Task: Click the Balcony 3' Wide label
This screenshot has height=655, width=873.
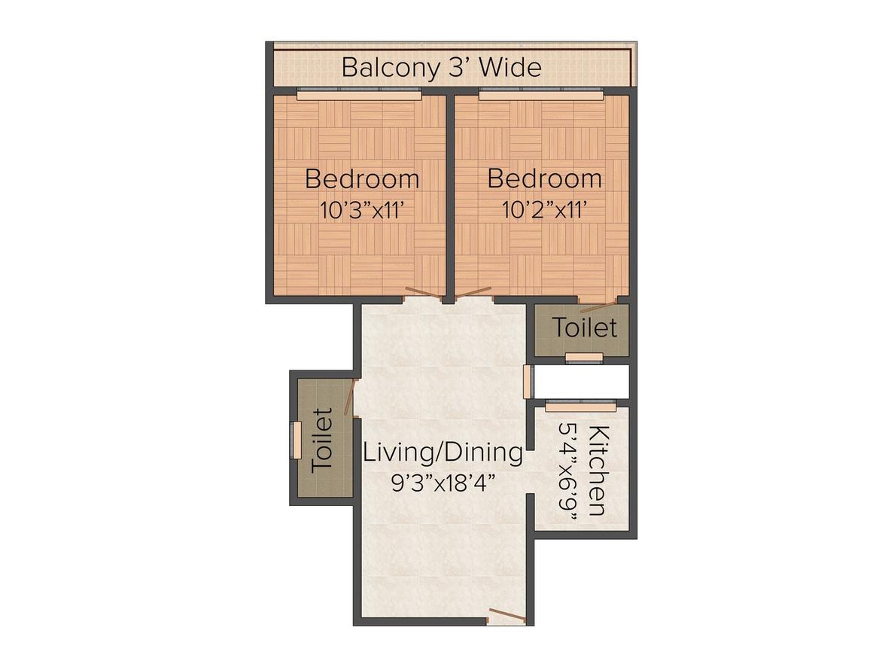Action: click(x=441, y=68)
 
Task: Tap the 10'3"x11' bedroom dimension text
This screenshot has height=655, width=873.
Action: click(x=363, y=210)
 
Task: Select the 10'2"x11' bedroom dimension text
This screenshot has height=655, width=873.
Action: click(x=544, y=210)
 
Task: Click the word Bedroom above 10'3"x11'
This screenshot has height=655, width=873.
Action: click(x=362, y=180)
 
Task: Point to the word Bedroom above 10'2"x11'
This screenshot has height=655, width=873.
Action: click(x=544, y=179)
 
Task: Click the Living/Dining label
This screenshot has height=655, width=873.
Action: click(x=443, y=453)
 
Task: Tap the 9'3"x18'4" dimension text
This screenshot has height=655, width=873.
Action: click(x=443, y=483)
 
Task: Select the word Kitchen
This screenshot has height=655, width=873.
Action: click(x=598, y=471)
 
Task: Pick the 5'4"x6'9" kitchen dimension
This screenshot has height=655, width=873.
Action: click(x=568, y=471)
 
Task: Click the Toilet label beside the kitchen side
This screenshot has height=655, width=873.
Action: click(x=585, y=328)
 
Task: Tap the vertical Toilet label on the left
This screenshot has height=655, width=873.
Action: click(x=322, y=440)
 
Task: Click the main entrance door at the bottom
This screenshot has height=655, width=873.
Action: click(x=506, y=617)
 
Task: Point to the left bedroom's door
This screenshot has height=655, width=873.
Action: click(x=422, y=294)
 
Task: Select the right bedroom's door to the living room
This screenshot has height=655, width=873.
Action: click(x=474, y=292)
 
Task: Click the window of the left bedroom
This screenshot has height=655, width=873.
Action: click(x=358, y=95)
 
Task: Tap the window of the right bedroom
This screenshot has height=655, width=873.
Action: click(x=540, y=95)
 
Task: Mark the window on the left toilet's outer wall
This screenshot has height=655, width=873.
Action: click(x=297, y=440)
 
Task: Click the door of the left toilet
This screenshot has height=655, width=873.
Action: click(x=350, y=397)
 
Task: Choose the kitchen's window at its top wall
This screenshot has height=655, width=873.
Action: click(x=580, y=407)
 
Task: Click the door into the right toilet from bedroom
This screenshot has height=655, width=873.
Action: click(x=599, y=306)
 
